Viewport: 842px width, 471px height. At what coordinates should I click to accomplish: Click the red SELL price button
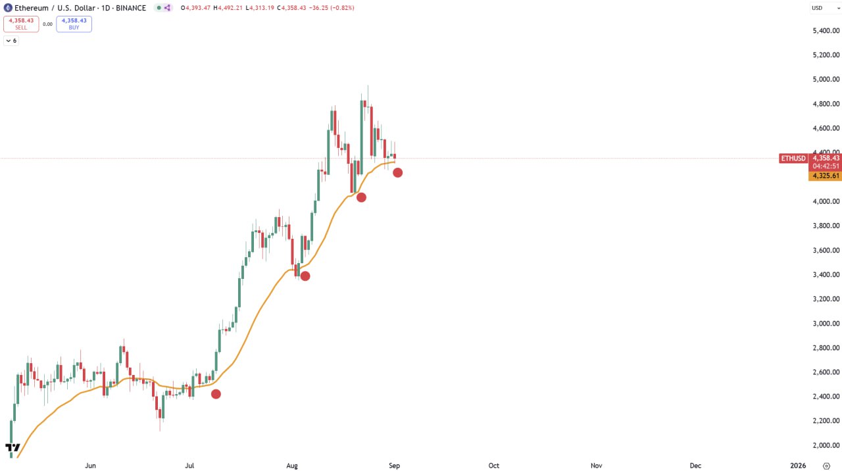pos(21,24)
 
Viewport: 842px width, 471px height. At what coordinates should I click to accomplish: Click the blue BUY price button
pos(74,24)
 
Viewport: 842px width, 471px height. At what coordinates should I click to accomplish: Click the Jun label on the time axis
pos(91,466)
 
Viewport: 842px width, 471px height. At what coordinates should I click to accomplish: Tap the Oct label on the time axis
pos(493,466)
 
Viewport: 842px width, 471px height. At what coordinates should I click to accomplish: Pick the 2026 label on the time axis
pos(798,466)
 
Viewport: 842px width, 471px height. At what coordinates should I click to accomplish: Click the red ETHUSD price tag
pos(793,159)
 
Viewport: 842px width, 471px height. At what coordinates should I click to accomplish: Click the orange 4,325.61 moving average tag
pos(826,176)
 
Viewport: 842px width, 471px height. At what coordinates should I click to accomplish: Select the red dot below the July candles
pos(216,394)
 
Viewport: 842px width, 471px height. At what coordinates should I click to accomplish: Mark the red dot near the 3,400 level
pos(305,276)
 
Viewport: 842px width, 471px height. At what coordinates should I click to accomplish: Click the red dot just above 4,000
pos(361,197)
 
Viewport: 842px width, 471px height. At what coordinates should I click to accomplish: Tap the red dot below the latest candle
pos(397,172)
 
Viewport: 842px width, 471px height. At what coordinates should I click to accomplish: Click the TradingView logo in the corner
pos(12,449)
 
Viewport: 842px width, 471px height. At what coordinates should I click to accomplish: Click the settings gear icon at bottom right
pos(827,466)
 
